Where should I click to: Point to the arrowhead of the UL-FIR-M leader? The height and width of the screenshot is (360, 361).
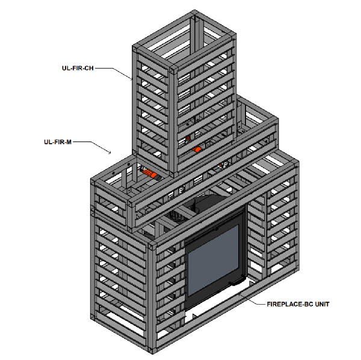tap(110, 153)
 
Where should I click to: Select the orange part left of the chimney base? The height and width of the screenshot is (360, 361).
tap(152, 175)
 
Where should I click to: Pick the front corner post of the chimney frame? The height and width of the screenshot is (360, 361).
tap(172, 120)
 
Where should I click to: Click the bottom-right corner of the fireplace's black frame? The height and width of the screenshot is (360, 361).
tap(244, 282)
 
